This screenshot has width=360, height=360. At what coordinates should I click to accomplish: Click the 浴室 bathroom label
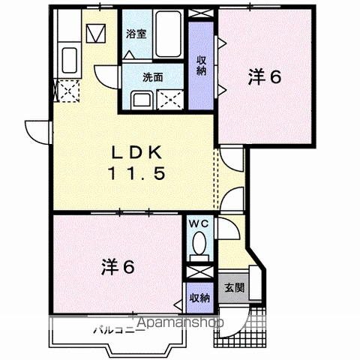(136, 34)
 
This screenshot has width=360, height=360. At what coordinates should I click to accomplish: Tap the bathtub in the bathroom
(168, 34)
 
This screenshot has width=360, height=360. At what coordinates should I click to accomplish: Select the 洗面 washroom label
(153, 77)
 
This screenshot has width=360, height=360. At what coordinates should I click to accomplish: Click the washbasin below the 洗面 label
(142, 100)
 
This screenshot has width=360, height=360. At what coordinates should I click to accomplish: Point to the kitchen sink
(69, 60)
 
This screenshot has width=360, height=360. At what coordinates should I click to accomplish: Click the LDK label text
(136, 152)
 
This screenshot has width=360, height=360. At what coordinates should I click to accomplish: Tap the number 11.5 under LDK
(136, 173)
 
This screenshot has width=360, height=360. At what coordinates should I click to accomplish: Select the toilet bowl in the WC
(199, 243)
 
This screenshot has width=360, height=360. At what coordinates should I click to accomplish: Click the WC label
(199, 223)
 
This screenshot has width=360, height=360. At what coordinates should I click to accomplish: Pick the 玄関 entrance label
(234, 287)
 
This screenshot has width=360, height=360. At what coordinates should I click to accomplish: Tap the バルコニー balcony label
(119, 331)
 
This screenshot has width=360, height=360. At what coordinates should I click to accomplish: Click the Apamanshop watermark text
(180, 322)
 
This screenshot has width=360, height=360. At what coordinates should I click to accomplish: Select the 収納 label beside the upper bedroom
(201, 65)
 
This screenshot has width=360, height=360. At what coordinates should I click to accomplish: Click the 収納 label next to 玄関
(199, 298)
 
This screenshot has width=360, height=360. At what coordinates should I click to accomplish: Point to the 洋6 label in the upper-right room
(265, 76)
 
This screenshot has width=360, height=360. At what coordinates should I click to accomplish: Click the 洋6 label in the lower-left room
(118, 267)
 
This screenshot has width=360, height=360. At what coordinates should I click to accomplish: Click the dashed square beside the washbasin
(170, 100)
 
